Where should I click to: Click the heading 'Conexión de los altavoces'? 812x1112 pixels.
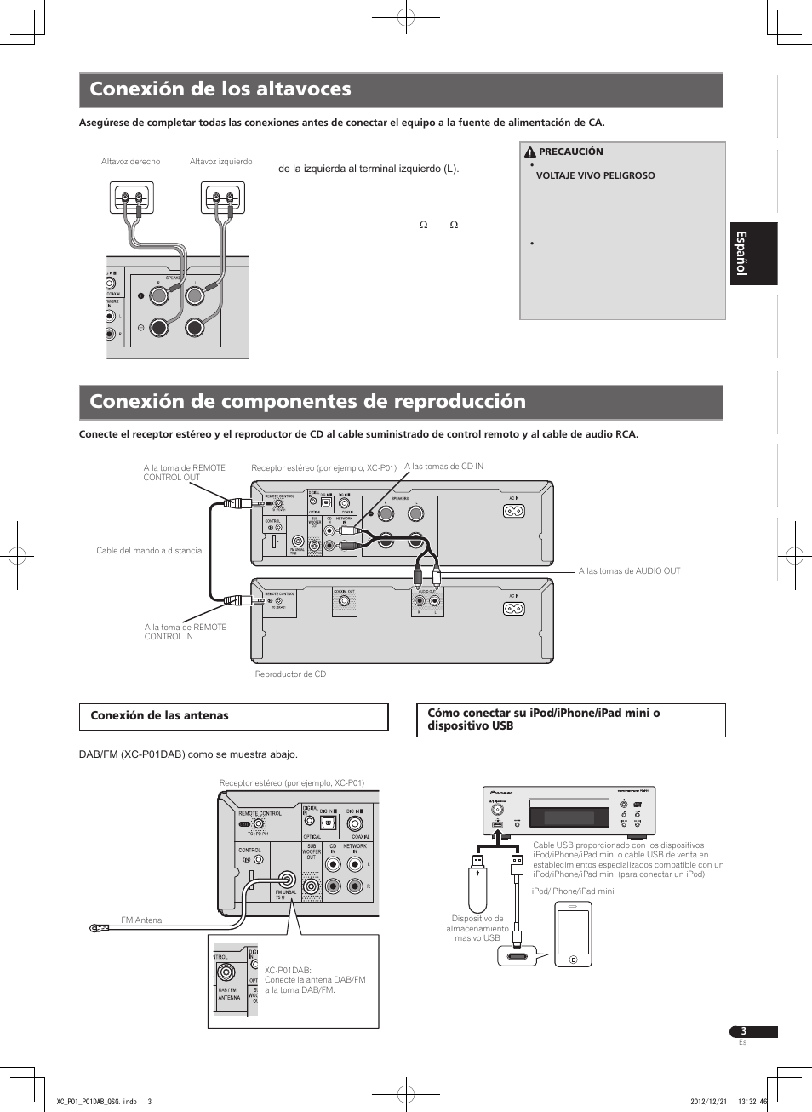[220, 89]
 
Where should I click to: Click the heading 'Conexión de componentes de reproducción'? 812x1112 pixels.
[307, 402]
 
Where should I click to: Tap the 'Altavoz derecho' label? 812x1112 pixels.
[130, 162]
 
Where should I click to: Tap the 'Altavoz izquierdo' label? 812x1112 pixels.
[220, 162]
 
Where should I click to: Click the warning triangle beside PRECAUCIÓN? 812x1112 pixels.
[529, 152]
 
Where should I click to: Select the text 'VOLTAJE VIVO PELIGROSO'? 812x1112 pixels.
[595, 175]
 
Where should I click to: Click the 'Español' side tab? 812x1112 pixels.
[753, 254]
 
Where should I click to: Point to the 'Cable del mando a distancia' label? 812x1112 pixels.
[149, 551]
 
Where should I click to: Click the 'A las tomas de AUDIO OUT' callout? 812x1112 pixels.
[629, 571]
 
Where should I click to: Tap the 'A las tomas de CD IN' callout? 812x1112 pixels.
[443, 467]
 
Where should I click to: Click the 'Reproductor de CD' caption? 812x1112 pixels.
[290, 674]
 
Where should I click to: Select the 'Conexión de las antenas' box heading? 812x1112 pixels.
[160, 716]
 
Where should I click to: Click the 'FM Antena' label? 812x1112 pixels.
[141, 920]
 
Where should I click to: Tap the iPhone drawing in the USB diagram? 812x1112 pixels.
[573, 934]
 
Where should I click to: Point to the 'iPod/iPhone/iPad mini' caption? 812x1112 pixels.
[572, 891]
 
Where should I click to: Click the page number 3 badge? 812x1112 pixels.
[744, 1031]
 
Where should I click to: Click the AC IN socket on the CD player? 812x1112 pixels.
[513, 609]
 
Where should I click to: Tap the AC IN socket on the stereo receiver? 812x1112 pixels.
[513, 511]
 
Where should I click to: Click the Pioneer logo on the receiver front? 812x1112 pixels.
[501, 793]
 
